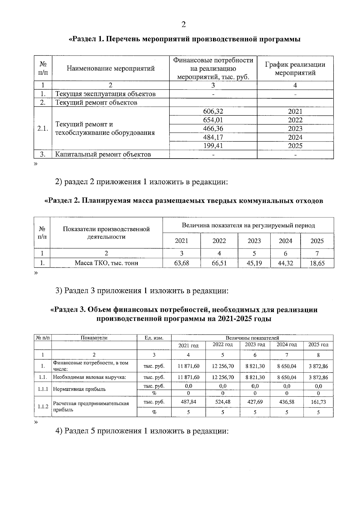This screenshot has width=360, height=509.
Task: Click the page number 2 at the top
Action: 184,25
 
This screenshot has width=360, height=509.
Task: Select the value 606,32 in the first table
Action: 213,112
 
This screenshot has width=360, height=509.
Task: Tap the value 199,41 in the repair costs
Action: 213,146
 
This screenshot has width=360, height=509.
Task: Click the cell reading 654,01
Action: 213,120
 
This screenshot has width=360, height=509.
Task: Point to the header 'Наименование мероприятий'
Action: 110,68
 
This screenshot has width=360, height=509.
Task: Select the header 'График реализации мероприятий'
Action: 295,68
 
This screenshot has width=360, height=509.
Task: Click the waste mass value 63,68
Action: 181,263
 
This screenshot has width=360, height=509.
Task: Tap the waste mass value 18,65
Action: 317,263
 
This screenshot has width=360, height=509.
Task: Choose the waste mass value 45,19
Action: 254,263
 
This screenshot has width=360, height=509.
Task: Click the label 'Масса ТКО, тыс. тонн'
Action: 106,263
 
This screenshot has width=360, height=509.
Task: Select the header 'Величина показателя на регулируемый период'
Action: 248,225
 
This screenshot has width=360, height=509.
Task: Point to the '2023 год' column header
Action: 255,345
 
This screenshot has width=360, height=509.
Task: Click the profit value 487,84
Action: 188,402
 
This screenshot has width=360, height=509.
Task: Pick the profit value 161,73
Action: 318,402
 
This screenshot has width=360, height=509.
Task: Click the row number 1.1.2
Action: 43,406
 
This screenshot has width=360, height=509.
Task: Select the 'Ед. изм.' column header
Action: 154,338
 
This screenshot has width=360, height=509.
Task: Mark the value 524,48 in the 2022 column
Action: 223,402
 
